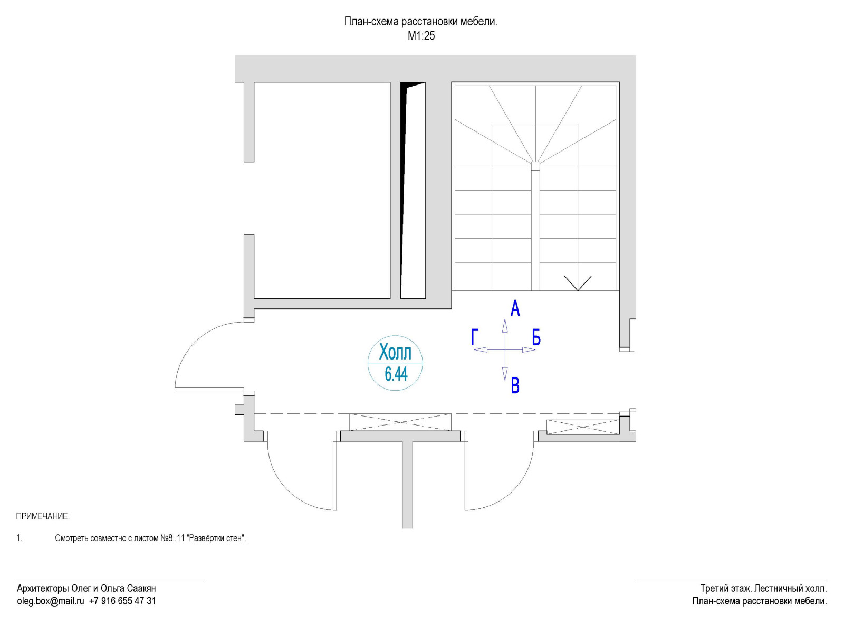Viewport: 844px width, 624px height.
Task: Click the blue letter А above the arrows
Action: [515, 308]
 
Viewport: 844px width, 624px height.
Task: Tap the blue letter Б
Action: [536, 337]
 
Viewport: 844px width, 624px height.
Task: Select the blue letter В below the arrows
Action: [515, 386]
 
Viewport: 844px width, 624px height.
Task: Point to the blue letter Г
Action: [475, 337]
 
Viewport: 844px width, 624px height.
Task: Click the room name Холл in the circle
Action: [395, 352]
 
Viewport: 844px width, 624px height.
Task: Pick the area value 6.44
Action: [396, 374]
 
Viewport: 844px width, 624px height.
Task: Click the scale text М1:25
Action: [421, 36]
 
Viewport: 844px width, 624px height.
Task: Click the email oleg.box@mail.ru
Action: [51, 601]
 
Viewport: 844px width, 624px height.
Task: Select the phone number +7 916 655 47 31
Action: [122, 601]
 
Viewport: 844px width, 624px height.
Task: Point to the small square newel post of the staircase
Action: [535, 166]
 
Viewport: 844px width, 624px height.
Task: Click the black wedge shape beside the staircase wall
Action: [405, 158]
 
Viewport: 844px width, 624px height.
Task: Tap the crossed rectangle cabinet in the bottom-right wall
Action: [582, 427]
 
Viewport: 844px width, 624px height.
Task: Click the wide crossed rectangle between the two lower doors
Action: [400, 422]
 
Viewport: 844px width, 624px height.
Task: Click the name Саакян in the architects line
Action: [141, 588]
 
